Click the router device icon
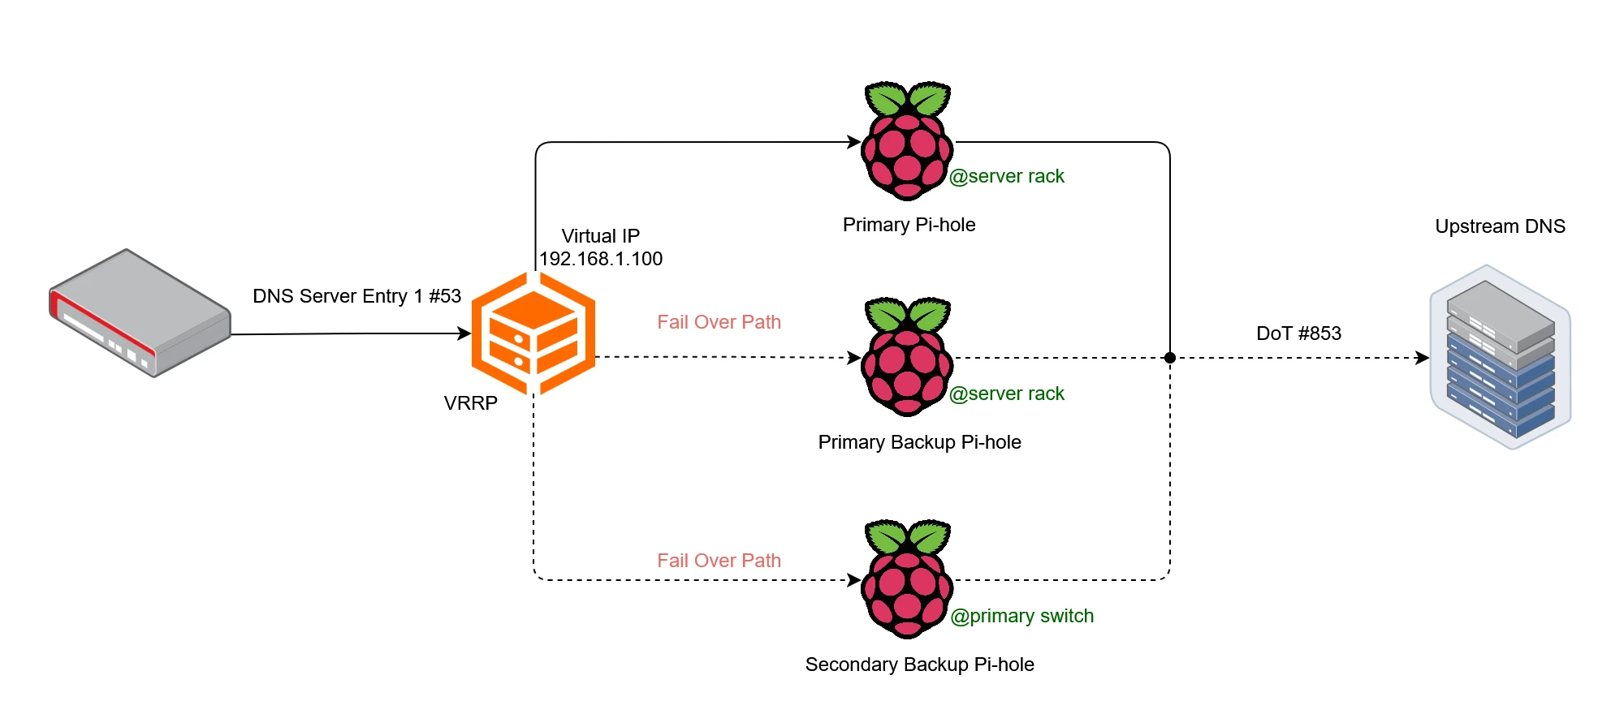[x=140, y=313]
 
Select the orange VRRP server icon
[x=533, y=333]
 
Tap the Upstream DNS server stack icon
[x=1501, y=357]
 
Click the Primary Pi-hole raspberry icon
[x=907, y=142]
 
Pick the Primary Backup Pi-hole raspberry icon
[x=907, y=358]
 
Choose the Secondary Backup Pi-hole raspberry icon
[x=907, y=580]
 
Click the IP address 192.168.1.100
[x=601, y=259]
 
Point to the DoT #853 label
[x=1298, y=333]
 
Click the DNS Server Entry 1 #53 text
[x=356, y=296]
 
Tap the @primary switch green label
[x=1021, y=616]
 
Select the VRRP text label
[x=470, y=403]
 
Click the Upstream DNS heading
[x=1500, y=226]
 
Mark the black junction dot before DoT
[x=1169, y=358]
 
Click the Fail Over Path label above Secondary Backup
[x=719, y=561]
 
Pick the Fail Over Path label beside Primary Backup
[x=719, y=322]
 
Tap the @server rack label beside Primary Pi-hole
[x=1006, y=176]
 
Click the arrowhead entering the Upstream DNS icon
[x=1423, y=358]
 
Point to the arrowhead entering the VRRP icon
[x=464, y=333]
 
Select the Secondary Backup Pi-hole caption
[x=919, y=665]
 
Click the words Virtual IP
[x=600, y=236]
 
